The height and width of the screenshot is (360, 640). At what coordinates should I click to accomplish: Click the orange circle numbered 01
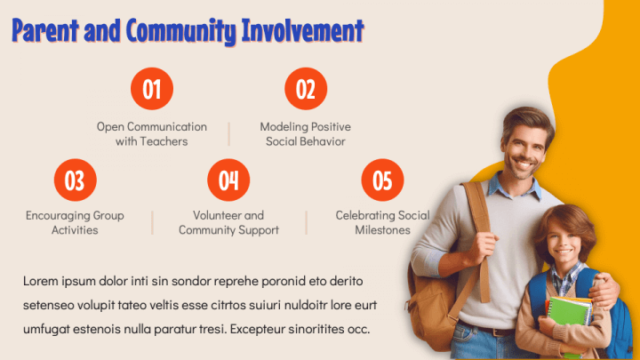pyautogui.click(x=152, y=89)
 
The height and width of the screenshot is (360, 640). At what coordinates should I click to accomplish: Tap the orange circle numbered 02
pyautogui.click(x=305, y=89)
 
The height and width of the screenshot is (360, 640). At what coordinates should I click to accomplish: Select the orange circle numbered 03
pyautogui.click(x=75, y=180)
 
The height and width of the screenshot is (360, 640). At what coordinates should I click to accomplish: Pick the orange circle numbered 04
pyautogui.click(x=228, y=180)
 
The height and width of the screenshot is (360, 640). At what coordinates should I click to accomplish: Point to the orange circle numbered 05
pyautogui.click(x=382, y=180)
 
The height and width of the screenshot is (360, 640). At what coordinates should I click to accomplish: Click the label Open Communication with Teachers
pyautogui.click(x=152, y=133)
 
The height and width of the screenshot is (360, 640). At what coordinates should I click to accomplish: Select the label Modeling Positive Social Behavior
pyautogui.click(x=305, y=133)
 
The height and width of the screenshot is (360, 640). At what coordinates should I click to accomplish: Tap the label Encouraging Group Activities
pyautogui.click(x=75, y=222)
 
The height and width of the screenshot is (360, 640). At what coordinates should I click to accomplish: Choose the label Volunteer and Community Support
pyautogui.click(x=228, y=222)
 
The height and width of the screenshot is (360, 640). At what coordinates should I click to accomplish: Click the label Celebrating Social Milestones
pyautogui.click(x=382, y=222)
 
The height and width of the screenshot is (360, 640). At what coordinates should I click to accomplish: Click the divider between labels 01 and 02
pyautogui.click(x=228, y=133)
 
